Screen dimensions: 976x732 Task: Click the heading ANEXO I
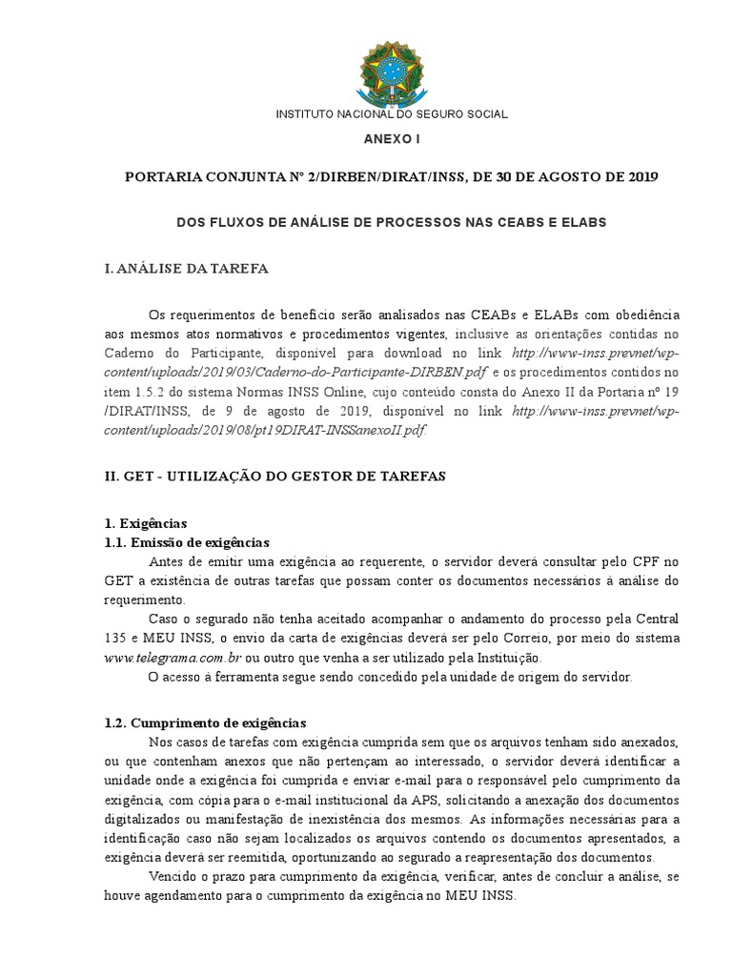point(392,139)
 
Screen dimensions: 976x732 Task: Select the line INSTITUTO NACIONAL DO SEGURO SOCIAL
point(392,114)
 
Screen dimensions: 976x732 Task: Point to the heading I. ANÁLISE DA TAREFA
point(187,269)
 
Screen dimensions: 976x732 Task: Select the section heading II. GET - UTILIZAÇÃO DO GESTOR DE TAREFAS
point(275,475)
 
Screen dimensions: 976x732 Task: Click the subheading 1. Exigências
point(146,523)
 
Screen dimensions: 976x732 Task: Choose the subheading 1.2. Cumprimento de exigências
point(205,723)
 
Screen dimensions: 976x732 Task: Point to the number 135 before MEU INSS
point(115,640)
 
